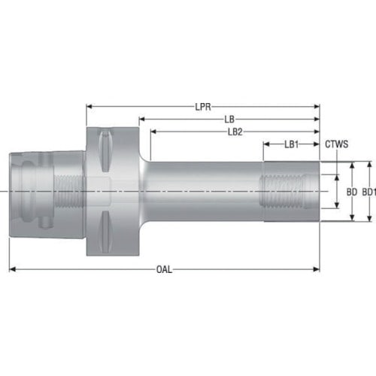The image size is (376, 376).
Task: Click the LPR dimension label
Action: [x=203, y=107]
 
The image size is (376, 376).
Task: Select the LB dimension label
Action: [x=229, y=120]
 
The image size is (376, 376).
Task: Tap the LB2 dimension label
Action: [x=235, y=132]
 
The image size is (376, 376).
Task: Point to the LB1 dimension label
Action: [x=292, y=144]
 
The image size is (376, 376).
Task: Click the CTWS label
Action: [x=337, y=144]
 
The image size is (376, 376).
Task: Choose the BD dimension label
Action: [x=352, y=193]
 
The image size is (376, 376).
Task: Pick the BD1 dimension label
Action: [x=369, y=193]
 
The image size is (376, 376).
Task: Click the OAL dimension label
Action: [x=164, y=270]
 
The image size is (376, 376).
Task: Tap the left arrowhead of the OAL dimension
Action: [x=12, y=269]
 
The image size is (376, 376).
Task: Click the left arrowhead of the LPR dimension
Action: [x=89, y=107]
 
